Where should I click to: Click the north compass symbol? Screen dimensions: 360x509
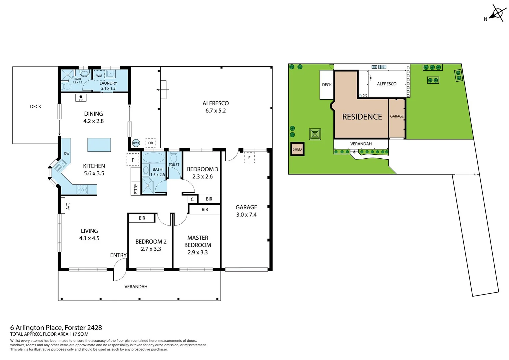pyautogui.click(x=497, y=13)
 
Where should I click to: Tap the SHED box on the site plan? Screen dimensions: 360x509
pyautogui.click(x=297, y=149)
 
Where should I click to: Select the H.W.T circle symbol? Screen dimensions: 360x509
pyautogui.click(x=136, y=143)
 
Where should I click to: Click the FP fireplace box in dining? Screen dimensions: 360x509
pyautogui.click(x=81, y=98)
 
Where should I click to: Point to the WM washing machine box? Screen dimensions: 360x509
pyautogui.click(x=99, y=76)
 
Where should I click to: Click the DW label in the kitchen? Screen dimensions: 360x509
pyautogui.click(x=67, y=154)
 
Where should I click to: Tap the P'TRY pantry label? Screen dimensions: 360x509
pyautogui.click(x=136, y=189)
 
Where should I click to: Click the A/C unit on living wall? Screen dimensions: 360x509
pyautogui.click(x=63, y=206)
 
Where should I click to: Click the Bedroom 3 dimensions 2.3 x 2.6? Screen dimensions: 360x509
pyautogui.click(x=202, y=177)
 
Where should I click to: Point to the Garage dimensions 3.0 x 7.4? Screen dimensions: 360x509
pyautogui.click(x=246, y=215)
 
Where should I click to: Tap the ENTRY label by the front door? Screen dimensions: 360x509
pyautogui.click(x=118, y=255)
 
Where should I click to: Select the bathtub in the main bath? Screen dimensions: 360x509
pyautogui.click(x=154, y=158)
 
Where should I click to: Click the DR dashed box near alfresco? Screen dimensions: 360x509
pyautogui.click(x=151, y=143)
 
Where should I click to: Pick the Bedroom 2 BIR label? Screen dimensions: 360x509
pyautogui.click(x=142, y=218)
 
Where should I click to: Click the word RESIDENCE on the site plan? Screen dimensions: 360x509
pyautogui.click(x=362, y=117)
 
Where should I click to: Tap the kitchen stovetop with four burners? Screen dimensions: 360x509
pyautogui.click(x=82, y=190)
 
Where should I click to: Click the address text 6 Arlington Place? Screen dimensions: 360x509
pyautogui.click(x=37, y=328)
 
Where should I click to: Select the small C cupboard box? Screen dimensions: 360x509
pyautogui.click(x=192, y=199)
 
